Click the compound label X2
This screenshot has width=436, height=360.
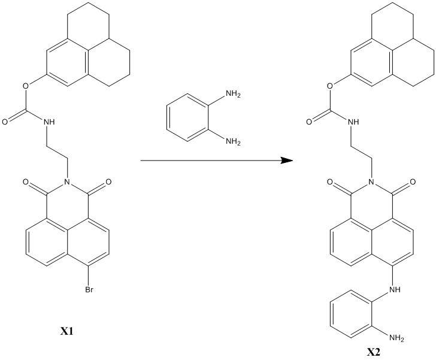[374, 353]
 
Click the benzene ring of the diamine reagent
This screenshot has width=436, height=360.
[186, 119]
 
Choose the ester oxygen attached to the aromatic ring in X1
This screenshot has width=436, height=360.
[26, 85]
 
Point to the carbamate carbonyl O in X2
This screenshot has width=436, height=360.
[309, 122]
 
